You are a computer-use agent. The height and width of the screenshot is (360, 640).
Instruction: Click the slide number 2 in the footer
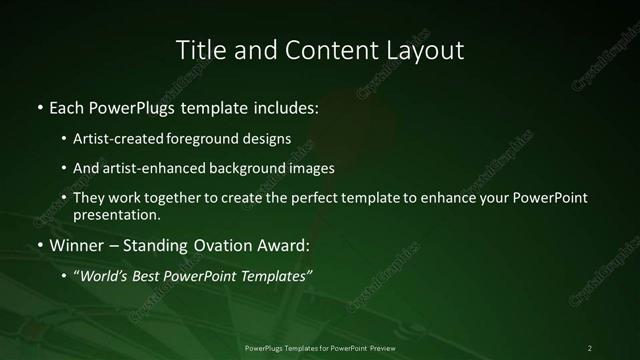590,347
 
